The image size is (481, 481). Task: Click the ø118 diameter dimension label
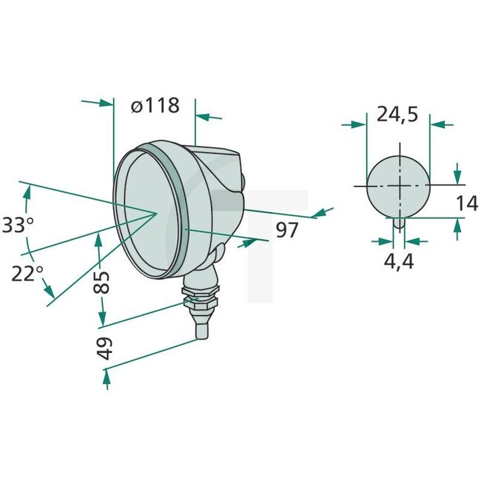[x=155, y=106]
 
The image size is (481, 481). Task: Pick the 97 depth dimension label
[x=287, y=230]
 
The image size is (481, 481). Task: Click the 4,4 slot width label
[x=398, y=260]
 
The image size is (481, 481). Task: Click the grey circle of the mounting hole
[x=398, y=186]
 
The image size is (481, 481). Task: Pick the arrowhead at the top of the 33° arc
[x=28, y=192]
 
